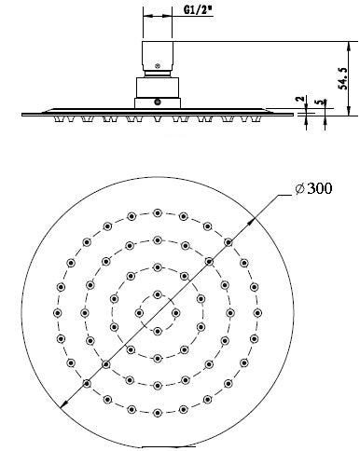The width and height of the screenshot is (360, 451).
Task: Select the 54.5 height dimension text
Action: tap(344, 71)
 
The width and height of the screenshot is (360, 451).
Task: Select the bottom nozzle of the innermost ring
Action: tap(157, 332)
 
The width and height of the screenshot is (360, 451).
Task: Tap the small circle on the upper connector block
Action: tap(158, 67)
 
